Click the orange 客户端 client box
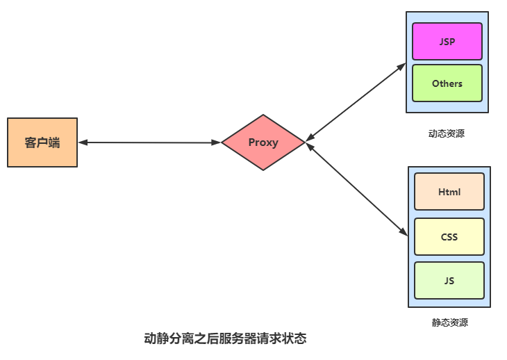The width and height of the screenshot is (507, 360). [42, 142]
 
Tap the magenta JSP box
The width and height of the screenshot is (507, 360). [447, 41]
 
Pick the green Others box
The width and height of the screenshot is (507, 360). [447, 83]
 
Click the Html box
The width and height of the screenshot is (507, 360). [449, 192]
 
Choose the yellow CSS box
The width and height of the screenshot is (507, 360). [449, 237]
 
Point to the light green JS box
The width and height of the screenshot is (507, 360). [449, 281]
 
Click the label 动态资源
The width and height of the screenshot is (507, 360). [447, 133]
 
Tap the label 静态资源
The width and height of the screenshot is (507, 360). [449, 322]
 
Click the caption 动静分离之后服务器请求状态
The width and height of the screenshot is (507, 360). [225, 339]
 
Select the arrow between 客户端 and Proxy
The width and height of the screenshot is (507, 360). [149, 142]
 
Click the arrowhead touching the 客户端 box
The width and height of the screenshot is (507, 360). [82, 142]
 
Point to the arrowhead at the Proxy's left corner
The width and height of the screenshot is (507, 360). [217, 142]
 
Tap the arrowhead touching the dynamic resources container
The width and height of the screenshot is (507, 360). [402, 65]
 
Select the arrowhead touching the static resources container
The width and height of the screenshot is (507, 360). [404, 233]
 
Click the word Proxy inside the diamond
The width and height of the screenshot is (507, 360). [263, 142]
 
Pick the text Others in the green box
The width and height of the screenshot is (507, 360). [447, 83]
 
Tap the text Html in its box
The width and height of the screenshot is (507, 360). [449, 192]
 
